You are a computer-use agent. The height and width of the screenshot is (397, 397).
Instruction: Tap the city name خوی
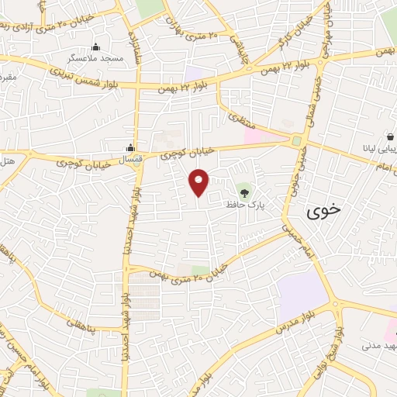tap(323, 210)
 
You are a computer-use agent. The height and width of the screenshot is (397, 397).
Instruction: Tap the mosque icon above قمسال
tap(130, 147)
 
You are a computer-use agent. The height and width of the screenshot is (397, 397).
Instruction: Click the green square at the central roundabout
tap(296, 140)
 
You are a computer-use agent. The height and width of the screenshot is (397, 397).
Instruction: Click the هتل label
tap(8, 158)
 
